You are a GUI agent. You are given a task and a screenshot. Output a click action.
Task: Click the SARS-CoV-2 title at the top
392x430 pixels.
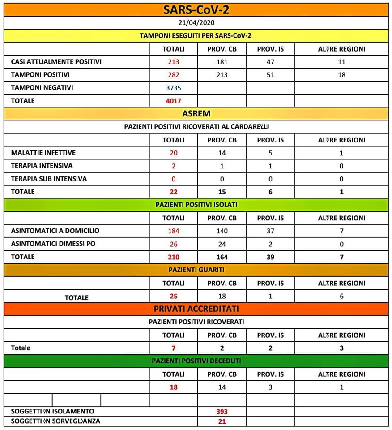[196, 9]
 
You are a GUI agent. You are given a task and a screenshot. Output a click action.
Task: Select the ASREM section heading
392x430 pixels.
[196, 114]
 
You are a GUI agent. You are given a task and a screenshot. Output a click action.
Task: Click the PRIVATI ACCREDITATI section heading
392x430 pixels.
[196, 309]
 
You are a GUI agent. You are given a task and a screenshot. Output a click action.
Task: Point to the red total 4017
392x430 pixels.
[173, 101]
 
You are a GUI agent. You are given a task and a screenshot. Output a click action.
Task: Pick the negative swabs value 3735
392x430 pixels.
[173, 88]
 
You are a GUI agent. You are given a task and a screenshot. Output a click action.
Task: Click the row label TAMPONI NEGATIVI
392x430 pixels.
[42, 88]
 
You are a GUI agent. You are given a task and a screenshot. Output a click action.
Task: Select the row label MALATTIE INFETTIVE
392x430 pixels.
[43, 153]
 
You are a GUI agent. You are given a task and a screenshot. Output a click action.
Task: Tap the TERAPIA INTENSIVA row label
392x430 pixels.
[42, 166]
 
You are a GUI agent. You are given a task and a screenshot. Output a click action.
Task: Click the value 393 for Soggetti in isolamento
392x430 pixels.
[222, 412]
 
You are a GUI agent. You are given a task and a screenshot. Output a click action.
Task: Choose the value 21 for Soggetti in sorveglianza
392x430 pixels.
[222, 421]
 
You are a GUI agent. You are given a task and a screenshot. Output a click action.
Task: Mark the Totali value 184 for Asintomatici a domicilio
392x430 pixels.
[173, 231]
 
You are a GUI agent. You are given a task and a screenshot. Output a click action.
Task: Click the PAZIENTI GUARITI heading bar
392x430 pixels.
[196, 270]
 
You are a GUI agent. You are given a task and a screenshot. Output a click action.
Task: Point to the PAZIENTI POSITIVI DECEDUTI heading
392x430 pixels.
[196, 361]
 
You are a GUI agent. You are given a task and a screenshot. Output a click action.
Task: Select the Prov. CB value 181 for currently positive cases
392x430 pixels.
[222, 62]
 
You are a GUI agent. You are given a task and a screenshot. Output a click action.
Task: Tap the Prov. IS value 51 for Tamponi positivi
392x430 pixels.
[270, 75]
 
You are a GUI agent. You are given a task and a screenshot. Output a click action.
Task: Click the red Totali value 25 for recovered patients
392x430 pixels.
[173, 296]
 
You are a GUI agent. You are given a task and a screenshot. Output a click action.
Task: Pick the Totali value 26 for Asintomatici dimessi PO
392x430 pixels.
[173, 244]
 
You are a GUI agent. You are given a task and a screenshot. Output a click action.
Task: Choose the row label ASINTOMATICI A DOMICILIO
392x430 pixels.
[55, 231]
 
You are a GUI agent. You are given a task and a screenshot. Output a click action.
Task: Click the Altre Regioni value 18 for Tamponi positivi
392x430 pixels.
[341, 75]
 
